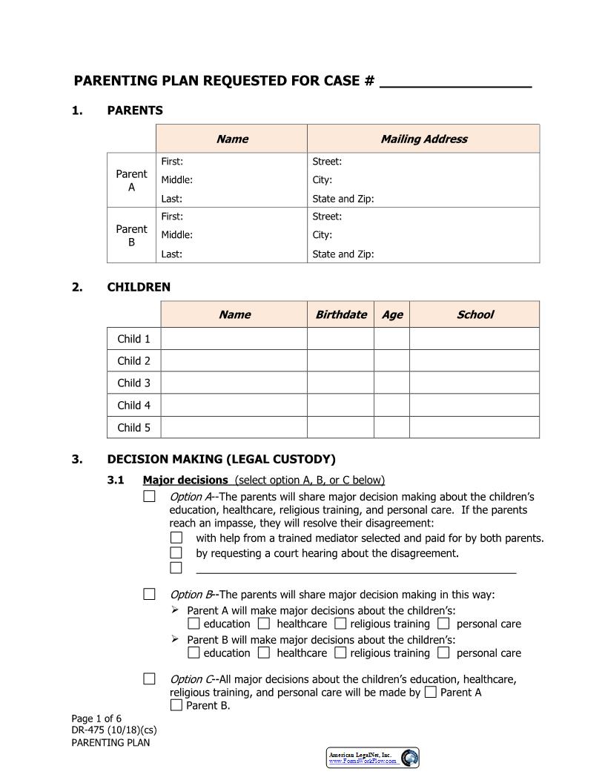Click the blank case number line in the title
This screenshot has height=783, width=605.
(x=455, y=81)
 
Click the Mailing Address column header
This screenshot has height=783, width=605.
(x=423, y=139)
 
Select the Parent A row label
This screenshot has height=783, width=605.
(x=131, y=180)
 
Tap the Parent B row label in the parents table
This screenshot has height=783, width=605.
(x=131, y=235)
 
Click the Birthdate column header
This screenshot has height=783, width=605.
(x=340, y=314)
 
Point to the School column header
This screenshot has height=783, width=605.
(x=475, y=314)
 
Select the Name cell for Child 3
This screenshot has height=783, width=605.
(x=234, y=383)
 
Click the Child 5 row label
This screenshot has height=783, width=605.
(x=133, y=427)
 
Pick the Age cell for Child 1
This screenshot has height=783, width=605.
(x=391, y=339)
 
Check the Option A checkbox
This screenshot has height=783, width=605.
(x=150, y=496)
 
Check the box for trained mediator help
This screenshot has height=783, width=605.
(x=176, y=538)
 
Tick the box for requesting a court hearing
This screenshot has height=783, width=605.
(x=176, y=552)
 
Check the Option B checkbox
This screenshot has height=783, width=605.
(x=150, y=594)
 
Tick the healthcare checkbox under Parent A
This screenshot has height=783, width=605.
(x=264, y=624)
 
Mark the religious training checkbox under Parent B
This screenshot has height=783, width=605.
(x=340, y=652)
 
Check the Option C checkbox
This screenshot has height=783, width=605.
(x=150, y=678)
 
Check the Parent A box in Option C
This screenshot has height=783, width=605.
(x=431, y=693)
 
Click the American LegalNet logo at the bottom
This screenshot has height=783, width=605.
(x=373, y=757)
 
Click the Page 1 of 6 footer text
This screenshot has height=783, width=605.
(x=96, y=718)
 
